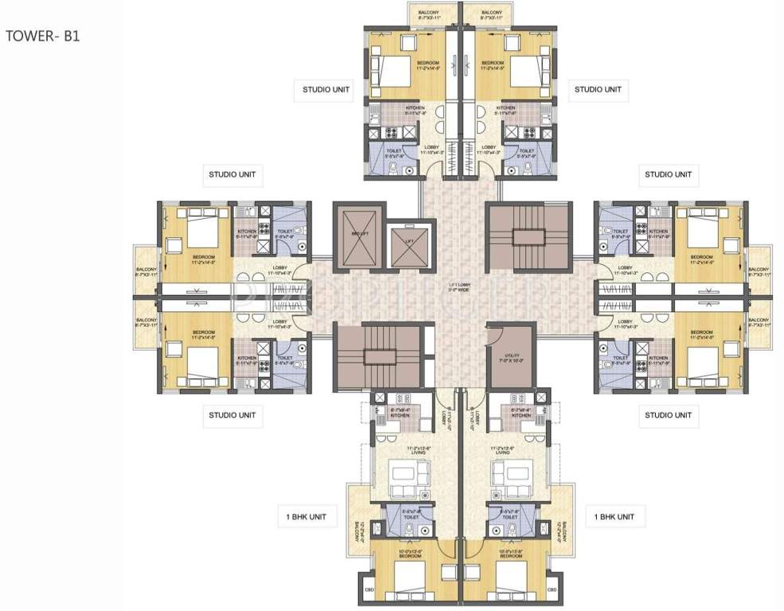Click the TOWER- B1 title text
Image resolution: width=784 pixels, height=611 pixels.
click(x=43, y=36)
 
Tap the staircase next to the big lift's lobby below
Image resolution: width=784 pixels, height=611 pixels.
click(x=374, y=356)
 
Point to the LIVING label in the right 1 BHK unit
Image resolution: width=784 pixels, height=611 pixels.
click(x=510, y=451)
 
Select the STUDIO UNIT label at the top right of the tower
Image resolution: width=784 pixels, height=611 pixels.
click(x=598, y=90)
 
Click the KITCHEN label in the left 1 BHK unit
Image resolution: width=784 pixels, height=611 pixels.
click(x=400, y=415)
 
